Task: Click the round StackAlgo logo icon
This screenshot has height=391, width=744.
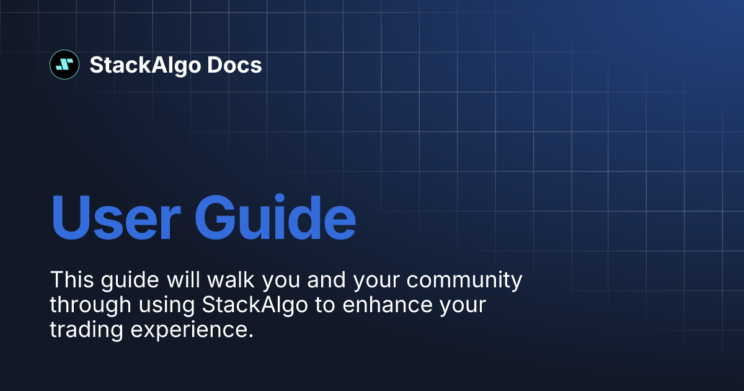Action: [x=64, y=65]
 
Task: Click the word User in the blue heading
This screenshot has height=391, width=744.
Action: [x=115, y=218]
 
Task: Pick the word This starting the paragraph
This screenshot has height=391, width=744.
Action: [x=71, y=280]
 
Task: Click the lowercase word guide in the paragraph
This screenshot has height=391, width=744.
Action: [x=128, y=281]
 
